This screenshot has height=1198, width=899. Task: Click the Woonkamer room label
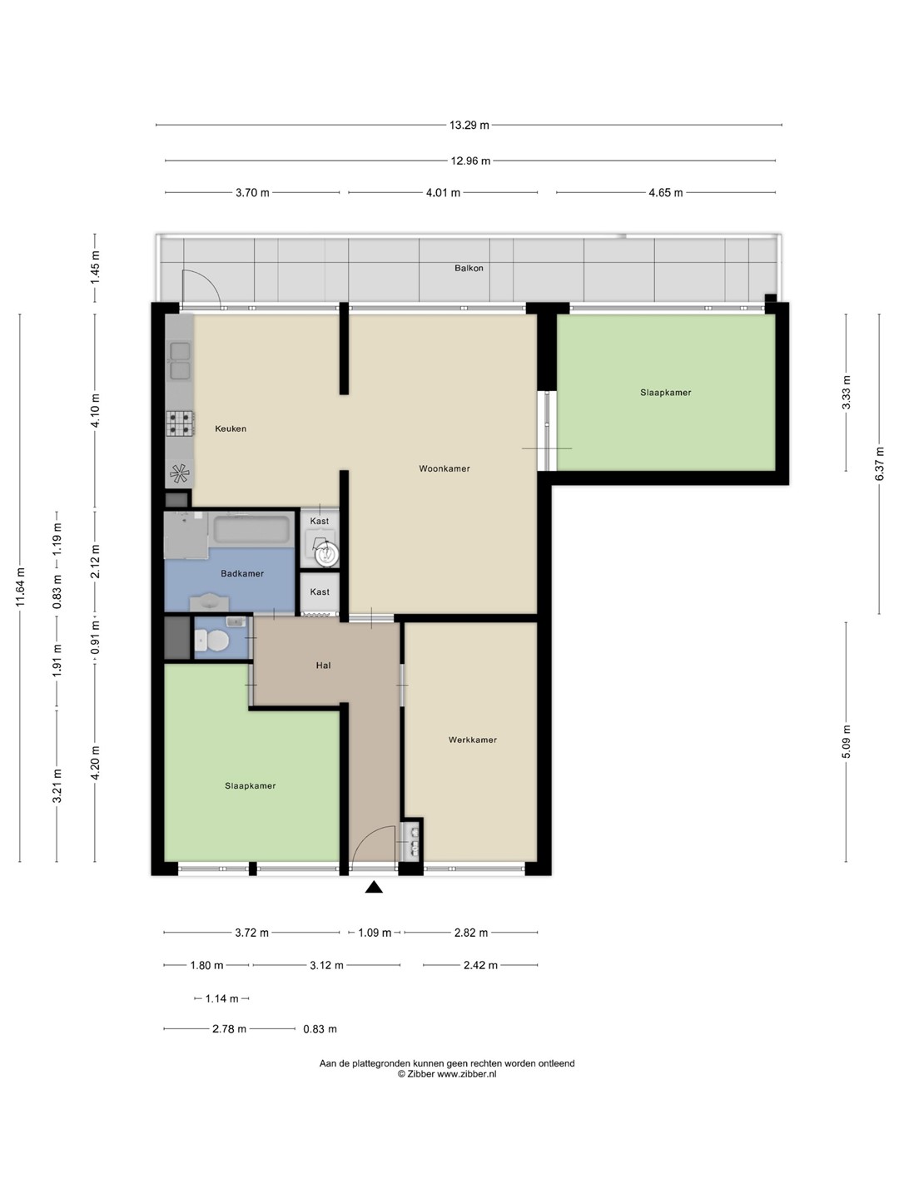click(445, 468)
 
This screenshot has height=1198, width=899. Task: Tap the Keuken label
click(231, 428)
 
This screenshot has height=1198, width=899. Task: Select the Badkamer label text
click(242, 573)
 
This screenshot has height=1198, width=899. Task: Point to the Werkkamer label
click(473, 740)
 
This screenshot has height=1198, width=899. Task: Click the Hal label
click(323, 665)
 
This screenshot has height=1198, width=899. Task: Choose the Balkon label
click(469, 268)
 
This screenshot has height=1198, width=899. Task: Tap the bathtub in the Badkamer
click(251, 529)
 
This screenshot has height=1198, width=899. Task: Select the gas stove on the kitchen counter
click(180, 423)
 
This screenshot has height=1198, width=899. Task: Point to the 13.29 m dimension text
click(469, 125)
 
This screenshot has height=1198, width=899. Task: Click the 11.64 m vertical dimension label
click(20, 587)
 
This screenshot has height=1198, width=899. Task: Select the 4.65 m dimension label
click(665, 193)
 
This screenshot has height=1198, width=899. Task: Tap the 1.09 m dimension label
click(375, 933)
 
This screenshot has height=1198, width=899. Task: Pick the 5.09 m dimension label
click(846, 742)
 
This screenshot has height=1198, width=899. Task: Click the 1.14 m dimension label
click(221, 999)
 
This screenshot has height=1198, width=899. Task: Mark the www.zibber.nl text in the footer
click(467, 1074)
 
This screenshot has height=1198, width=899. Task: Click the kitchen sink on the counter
click(180, 360)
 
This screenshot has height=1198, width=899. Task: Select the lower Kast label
click(320, 592)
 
